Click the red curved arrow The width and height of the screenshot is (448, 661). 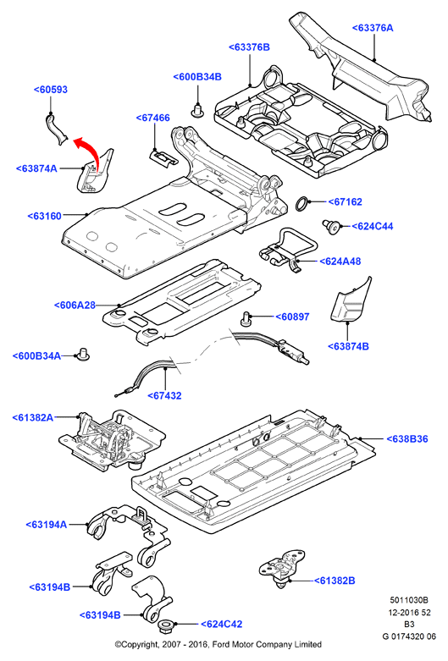point(91,148)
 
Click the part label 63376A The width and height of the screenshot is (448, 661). point(373,28)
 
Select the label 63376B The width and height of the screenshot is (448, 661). point(249,47)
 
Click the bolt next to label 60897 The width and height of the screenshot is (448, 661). point(246,319)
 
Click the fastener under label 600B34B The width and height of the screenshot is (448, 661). point(197,110)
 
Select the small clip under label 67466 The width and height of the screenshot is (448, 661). point(163,157)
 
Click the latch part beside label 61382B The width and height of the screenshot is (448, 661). point(281,567)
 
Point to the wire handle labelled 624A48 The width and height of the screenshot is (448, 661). point(289,250)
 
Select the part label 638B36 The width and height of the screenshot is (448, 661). point(407,439)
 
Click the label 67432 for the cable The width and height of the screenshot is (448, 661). point(164,395)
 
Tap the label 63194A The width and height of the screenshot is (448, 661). point(47,525)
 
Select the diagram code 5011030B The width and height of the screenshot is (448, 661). point(409,600)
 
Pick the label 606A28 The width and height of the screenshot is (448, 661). point(75,305)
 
